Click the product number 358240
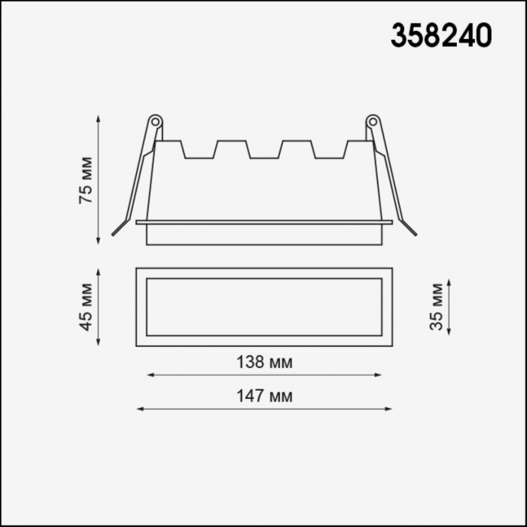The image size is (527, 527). [441, 35]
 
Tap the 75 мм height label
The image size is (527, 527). [86, 180]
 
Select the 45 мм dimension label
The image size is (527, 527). [86, 307]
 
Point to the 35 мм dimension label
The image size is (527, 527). [437, 307]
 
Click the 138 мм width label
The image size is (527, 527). [264, 362]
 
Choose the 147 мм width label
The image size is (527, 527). [264, 396]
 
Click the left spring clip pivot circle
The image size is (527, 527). [155, 122]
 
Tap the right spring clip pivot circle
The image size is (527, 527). [373, 122]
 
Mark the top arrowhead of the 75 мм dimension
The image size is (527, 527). [98, 119]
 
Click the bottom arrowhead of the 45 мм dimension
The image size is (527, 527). [98, 343]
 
